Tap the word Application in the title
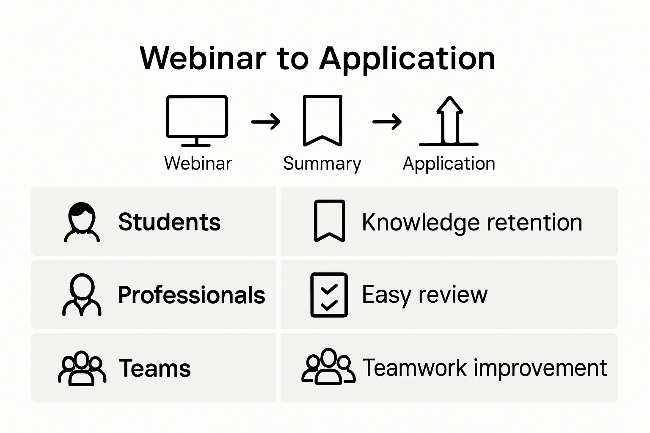(x=407, y=59)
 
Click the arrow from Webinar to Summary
(x=265, y=122)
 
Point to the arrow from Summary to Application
(x=387, y=122)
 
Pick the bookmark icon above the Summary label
(x=322, y=121)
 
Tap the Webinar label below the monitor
(x=198, y=163)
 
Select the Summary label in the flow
(x=322, y=164)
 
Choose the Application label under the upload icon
(x=449, y=164)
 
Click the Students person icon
(x=82, y=222)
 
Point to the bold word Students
(x=169, y=222)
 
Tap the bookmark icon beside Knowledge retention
(x=329, y=221)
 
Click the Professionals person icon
(x=82, y=295)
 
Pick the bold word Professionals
(x=191, y=295)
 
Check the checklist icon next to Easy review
(x=329, y=295)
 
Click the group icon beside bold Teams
(x=82, y=368)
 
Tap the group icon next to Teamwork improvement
(x=328, y=367)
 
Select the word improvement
(x=540, y=368)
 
